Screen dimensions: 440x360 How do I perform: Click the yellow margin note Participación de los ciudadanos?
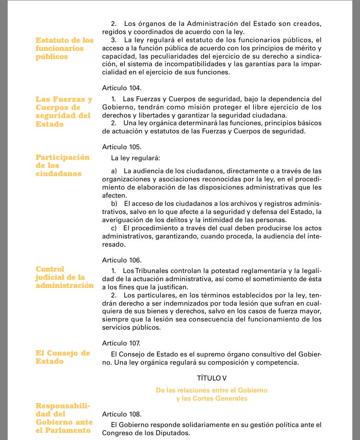tap(63, 166)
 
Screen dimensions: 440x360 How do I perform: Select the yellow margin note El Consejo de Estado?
tap(63, 357)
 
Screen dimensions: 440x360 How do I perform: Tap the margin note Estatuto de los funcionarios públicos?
tap(65, 48)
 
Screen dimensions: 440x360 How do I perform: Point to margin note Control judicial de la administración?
tap(65, 277)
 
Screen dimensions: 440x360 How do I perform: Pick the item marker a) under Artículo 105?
tap(114, 171)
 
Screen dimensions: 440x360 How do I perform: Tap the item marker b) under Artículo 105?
tap(114, 203)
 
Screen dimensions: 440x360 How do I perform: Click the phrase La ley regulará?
tap(135, 158)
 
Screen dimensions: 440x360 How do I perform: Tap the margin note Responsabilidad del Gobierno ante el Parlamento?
tap(64, 418)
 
